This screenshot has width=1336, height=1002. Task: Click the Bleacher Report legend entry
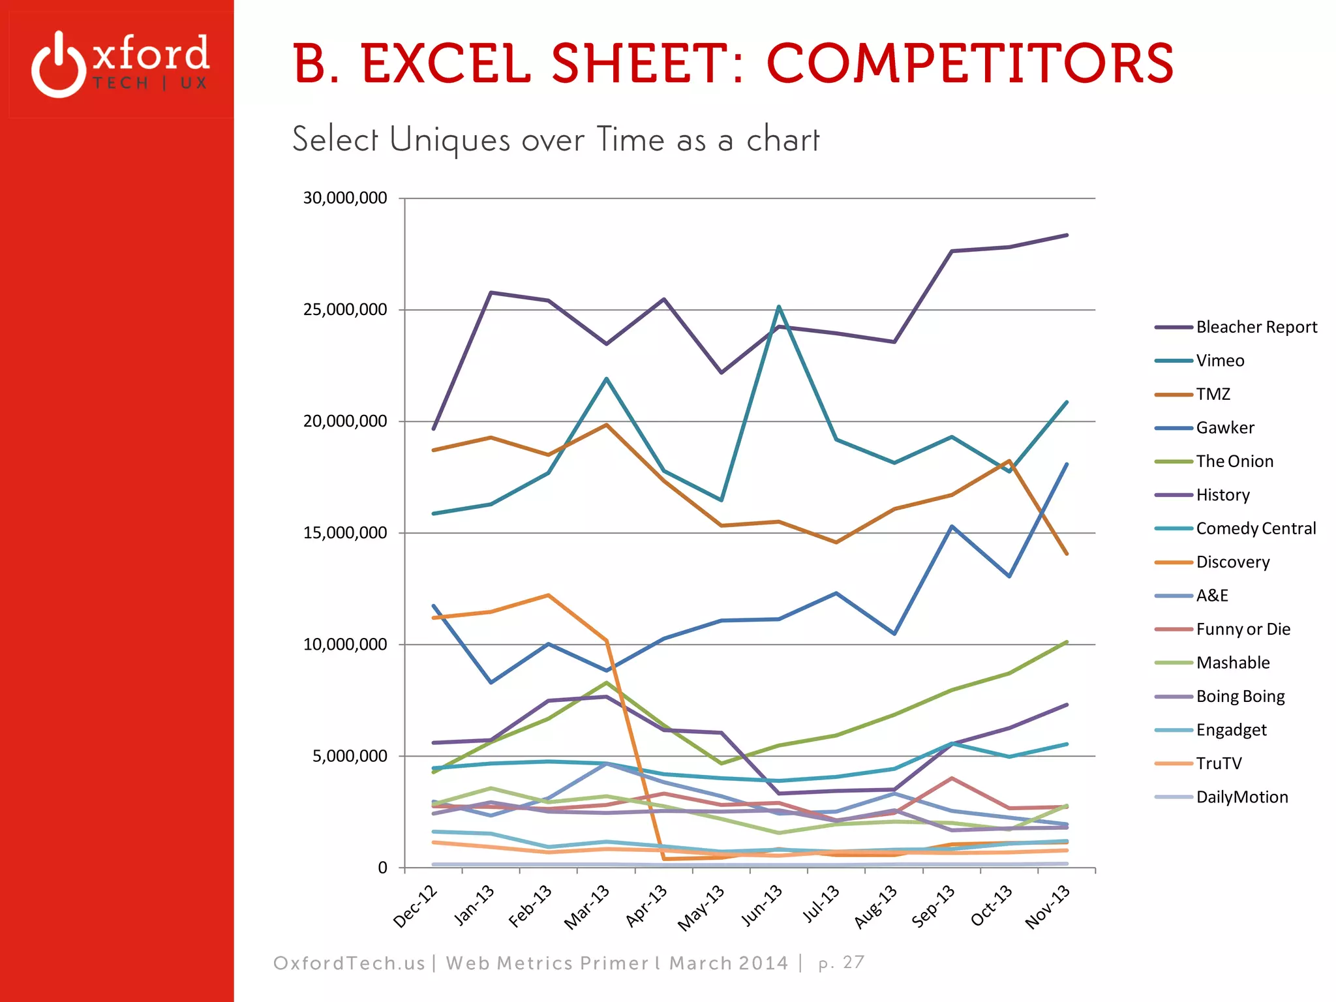point(1256,327)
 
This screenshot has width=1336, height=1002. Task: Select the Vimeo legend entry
point(1219,361)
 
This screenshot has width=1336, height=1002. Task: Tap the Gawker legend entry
point(1224,428)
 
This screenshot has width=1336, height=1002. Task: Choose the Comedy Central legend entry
point(1255,528)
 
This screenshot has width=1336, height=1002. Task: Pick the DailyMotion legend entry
point(1241,797)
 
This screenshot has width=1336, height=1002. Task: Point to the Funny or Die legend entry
point(1243,630)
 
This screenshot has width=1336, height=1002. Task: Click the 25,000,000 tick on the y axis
point(345,310)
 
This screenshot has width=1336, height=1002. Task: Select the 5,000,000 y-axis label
point(350,757)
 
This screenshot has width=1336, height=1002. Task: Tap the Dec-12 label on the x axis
point(415,907)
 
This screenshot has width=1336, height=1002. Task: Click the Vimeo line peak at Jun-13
point(779,307)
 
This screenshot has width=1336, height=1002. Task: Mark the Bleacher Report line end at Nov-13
point(1067,235)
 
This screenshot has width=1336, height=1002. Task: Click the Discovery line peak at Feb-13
point(548,595)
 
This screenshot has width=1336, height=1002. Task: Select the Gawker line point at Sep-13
point(952,526)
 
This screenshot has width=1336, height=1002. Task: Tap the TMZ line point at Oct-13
point(1009,461)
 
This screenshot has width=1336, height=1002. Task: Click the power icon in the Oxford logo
point(59,65)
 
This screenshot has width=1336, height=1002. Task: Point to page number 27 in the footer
point(853,962)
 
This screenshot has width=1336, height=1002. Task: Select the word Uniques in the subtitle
point(449,140)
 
